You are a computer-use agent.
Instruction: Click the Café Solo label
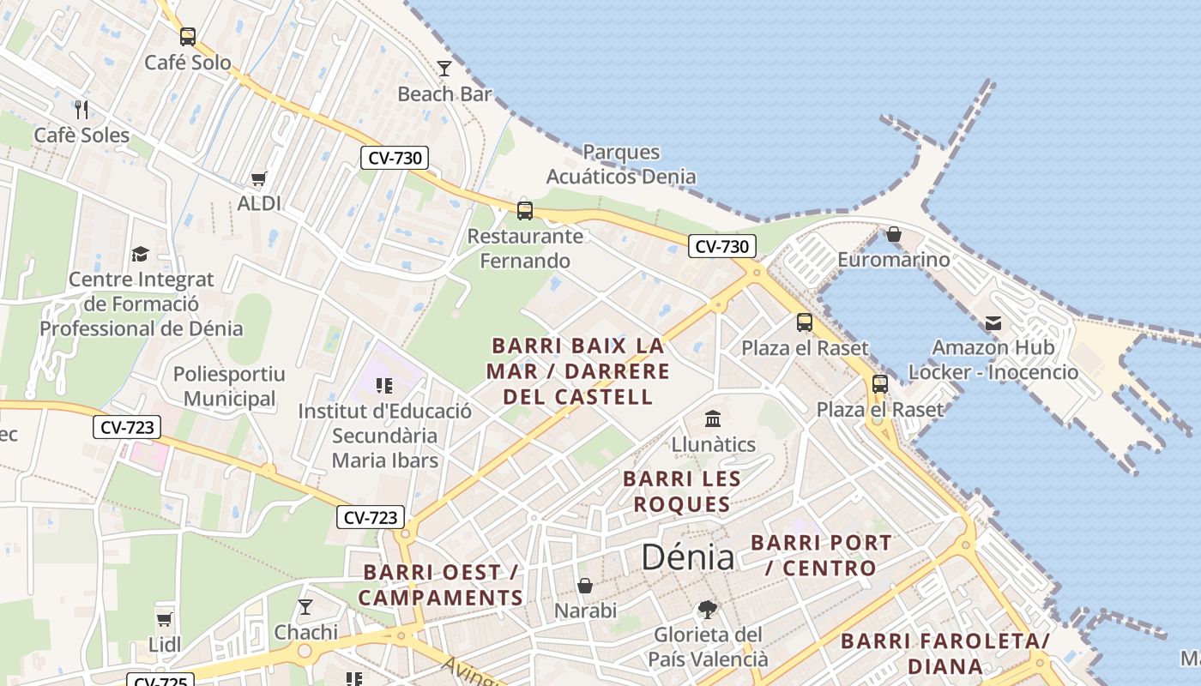point(188,63)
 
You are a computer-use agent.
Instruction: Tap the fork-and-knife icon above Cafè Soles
point(81,109)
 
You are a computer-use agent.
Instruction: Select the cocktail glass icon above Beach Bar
point(444,69)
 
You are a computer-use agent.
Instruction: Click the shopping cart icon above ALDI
point(258,178)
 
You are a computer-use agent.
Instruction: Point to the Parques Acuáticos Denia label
point(621,165)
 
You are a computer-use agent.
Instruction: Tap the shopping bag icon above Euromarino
point(894,234)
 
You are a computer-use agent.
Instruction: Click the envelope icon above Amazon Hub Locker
point(993,323)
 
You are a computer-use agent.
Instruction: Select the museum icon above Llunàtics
point(713,419)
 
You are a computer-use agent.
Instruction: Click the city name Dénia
point(688,557)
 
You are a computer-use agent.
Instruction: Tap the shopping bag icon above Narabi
point(585,586)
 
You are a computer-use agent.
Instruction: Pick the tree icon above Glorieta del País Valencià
point(708,610)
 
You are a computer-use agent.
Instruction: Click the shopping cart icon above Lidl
point(164,619)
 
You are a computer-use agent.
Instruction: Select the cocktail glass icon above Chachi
point(305,607)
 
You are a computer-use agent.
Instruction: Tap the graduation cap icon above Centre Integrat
point(140,254)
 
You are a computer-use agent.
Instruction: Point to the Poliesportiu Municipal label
point(230,387)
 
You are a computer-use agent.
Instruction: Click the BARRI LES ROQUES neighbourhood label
point(681,491)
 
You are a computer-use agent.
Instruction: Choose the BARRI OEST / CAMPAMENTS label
point(441,585)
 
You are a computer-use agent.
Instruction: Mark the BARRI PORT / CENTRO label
point(821,555)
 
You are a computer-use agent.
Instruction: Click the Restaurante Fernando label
point(525,249)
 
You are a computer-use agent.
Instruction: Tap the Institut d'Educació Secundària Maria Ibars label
point(384,436)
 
